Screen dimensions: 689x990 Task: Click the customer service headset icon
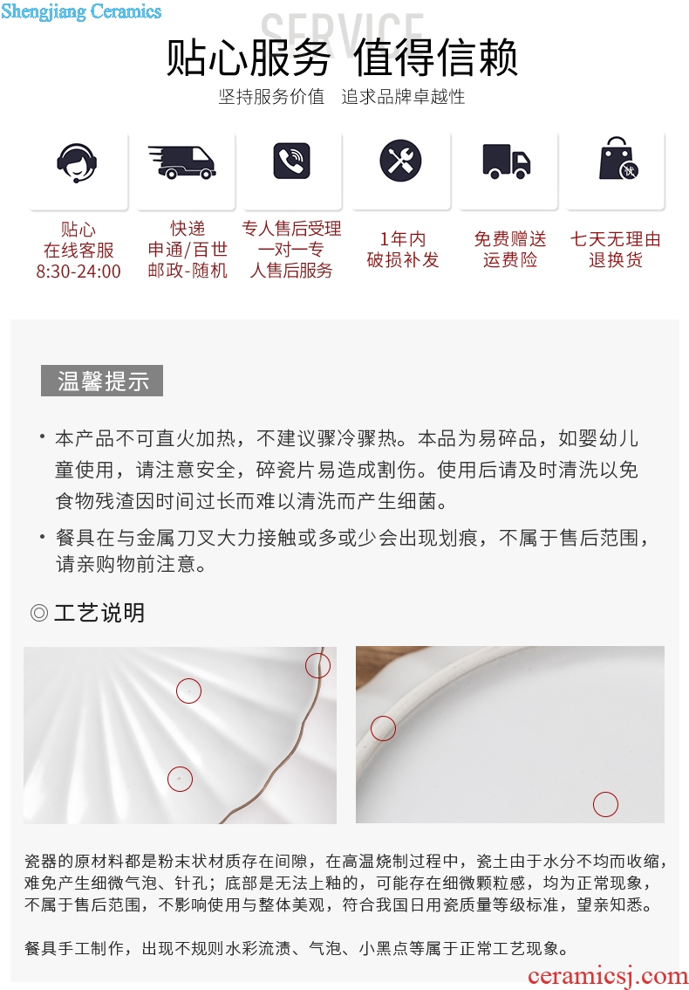point(77,162)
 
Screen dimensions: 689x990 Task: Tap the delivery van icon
point(182,162)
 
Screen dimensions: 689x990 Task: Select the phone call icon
point(291,161)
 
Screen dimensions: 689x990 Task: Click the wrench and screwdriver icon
point(400,161)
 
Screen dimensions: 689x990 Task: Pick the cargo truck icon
point(507,162)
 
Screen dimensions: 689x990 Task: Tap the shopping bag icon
point(618,159)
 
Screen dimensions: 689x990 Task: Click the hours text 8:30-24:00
point(78,272)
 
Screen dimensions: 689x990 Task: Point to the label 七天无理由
point(616,239)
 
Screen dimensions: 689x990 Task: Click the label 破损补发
point(403,260)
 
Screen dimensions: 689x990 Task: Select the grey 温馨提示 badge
point(102,381)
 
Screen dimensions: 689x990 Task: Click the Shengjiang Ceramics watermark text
point(81,11)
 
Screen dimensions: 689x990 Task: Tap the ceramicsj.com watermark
point(607,976)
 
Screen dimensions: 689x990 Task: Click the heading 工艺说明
point(99,613)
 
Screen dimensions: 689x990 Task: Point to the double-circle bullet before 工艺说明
point(39,613)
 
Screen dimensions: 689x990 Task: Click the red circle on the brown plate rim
point(318,665)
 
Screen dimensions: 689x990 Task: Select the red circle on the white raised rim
point(383,729)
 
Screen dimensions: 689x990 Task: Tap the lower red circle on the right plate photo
point(606,804)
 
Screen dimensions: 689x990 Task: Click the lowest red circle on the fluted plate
point(180,779)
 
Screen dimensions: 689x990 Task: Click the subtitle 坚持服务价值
point(271,97)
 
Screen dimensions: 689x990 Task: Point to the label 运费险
point(510,260)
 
